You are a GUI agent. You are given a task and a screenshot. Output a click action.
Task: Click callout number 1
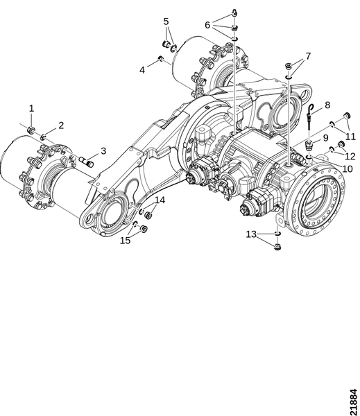32,109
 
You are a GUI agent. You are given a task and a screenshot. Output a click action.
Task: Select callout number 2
61,125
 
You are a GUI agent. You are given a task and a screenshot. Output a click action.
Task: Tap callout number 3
103,150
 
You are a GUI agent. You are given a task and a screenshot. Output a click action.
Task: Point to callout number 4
142,70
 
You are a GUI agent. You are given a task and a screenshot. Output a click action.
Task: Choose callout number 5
166,21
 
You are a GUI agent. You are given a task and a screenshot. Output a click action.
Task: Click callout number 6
207,25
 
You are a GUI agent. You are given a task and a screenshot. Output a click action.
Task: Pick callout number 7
308,56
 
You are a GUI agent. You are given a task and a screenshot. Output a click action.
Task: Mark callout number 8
327,105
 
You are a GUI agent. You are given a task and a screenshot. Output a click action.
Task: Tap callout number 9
325,138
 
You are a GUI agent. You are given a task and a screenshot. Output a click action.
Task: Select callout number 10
347,168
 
